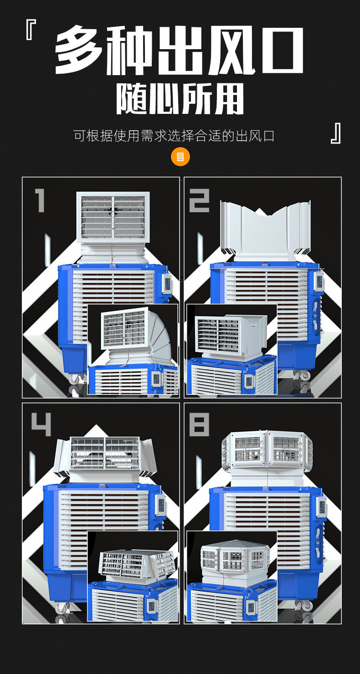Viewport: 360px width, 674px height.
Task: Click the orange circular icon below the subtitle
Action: click(180, 157)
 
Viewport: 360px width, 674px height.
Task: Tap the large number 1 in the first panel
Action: click(40, 200)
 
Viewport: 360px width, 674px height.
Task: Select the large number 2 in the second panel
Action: click(199, 201)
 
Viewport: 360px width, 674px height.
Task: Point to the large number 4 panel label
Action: click(41, 424)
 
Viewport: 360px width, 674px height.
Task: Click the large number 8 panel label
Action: click(199, 424)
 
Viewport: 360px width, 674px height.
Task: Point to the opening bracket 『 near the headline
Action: click(31, 30)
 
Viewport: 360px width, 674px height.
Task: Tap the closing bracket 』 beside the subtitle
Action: click(336, 133)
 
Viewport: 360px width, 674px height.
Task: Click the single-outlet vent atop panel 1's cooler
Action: click(113, 217)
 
